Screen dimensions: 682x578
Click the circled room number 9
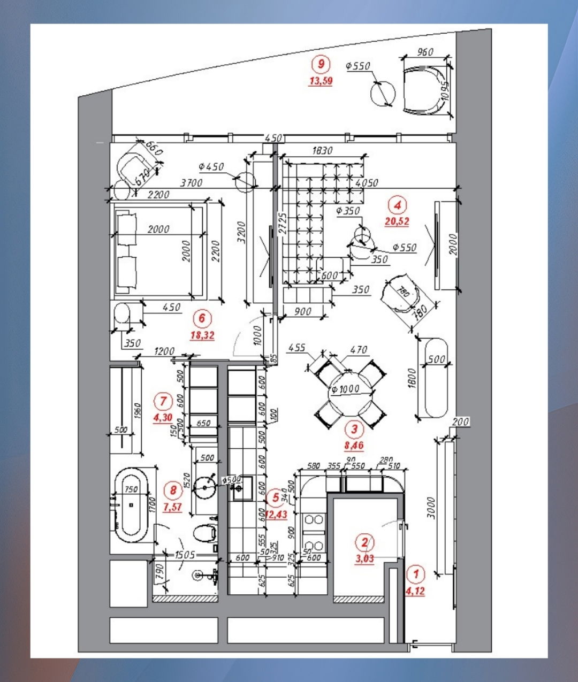coord(321,64)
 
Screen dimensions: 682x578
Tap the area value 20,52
coord(397,221)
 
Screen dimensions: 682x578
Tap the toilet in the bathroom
coord(204,533)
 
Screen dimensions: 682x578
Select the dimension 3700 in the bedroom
coord(191,183)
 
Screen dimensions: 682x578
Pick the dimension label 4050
coord(367,183)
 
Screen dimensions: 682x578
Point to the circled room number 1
coord(415,574)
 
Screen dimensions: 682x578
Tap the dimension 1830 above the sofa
coord(322,151)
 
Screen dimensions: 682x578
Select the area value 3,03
coord(365,559)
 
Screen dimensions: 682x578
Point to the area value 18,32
coord(202,335)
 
